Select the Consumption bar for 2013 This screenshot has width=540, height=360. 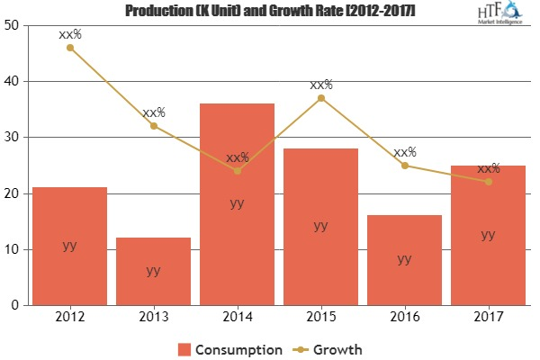[x=154, y=271]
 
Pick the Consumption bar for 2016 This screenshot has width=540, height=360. [x=404, y=260]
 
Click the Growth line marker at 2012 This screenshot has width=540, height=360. [x=69, y=48]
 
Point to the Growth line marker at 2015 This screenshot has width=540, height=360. [x=321, y=98]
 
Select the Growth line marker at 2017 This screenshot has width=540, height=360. [x=488, y=182]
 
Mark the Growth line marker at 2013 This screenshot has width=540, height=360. [x=154, y=126]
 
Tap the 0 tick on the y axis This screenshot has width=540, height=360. [x=14, y=306]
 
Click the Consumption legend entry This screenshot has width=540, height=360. [x=232, y=348]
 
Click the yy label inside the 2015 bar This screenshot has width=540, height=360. [x=321, y=226]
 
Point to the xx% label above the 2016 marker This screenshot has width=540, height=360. [x=404, y=152]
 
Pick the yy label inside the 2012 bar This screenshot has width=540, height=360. [x=69, y=245]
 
